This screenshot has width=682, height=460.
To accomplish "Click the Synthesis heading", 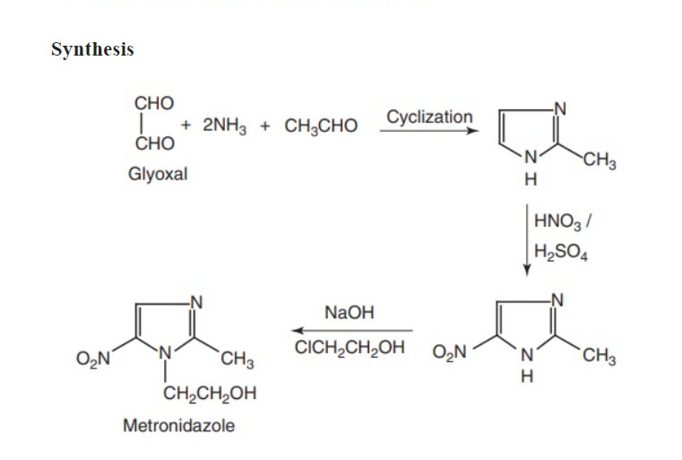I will (92, 49).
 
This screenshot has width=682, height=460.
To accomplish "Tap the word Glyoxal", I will (158, 174).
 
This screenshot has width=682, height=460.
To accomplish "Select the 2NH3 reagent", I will (220, 126).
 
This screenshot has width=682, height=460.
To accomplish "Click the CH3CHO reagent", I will (321, 126).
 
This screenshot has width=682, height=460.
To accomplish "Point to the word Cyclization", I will (429, 117).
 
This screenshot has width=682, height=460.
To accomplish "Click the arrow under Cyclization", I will (428, 132).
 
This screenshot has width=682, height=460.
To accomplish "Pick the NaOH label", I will (349, 314).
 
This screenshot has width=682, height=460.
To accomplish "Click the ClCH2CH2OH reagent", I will (350, 346).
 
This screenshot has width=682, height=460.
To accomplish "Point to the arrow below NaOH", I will (350, 330).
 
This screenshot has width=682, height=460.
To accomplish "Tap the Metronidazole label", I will (178, 425).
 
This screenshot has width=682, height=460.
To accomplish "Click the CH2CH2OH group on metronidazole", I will (210, 393).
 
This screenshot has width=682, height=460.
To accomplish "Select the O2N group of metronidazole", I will (94, 360).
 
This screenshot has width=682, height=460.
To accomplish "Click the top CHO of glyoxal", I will (154, 102).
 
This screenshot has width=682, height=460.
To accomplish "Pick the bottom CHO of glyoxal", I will (154, 143).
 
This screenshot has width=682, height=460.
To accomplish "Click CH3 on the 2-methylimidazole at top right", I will (599, 162).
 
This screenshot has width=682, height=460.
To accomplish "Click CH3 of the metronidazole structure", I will (237, 361).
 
